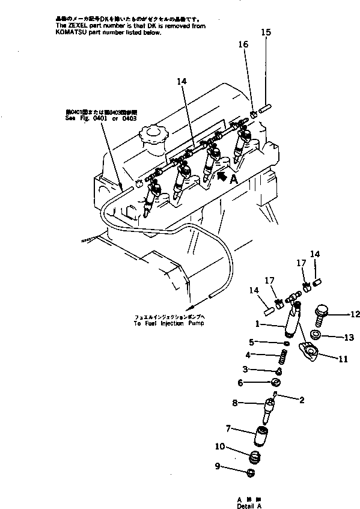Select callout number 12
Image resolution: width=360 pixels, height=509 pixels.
tap(355, 313)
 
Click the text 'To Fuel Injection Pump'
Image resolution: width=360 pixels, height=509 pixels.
tap(168, 323)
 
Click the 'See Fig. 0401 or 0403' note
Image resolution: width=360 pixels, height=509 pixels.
tap(102, 118)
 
